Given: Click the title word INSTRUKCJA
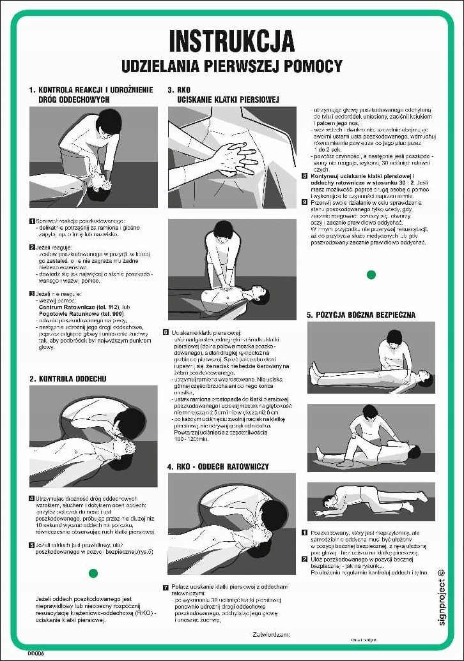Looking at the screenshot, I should (x=231, y=41).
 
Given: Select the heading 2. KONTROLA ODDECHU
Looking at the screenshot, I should (x=68, y=378).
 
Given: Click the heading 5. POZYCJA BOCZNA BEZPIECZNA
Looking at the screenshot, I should (x=361, y=315).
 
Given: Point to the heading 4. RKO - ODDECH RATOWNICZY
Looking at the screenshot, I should (x=218, y=466).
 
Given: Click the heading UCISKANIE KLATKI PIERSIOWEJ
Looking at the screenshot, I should (x=229, y=100).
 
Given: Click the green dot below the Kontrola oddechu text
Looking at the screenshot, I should (x=93, y=574).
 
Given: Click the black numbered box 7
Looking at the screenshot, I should (x=166, y=587).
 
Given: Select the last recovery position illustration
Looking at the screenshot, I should (x=371, y=501).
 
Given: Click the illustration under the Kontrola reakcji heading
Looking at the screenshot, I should (x=93, y=157).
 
